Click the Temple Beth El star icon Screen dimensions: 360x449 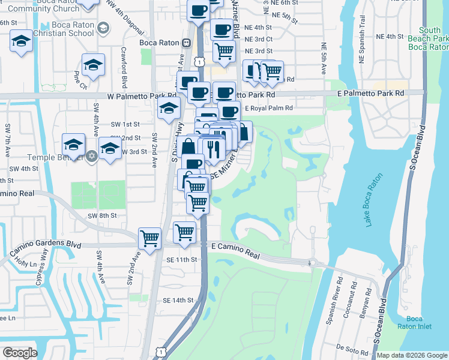(x=91, y=157)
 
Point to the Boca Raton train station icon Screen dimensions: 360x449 (x=187, y=43)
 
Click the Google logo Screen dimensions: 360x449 (x=19, y=352)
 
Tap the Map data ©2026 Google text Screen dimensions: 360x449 (x=411, y=355)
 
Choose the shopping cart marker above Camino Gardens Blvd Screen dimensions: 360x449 (x=149, y=238)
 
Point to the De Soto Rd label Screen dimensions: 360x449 (x=348, y=347)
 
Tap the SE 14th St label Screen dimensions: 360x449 (x=179, y=300)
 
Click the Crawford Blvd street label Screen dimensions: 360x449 (x=124, y=67)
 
